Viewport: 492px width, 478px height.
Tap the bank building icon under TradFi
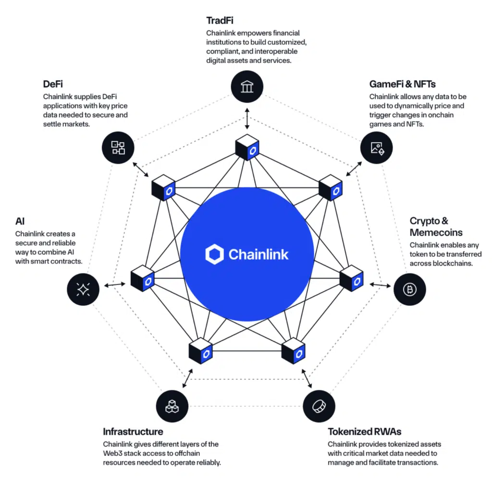tap(247, 86)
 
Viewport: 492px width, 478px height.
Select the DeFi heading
tap(54, 84)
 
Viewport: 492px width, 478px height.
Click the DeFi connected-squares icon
tap(118, 147)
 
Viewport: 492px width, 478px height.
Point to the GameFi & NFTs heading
tap(402, 84)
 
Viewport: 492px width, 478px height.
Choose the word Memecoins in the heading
tap(436, 233)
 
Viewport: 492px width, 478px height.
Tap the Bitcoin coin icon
tap(410, 289)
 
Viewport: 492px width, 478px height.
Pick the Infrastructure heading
tap(133, 431)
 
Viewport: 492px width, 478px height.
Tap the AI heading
tap(20, 221)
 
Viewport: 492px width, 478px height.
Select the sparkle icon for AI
tap(84, 289)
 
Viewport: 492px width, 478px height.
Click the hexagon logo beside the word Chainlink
tap(214, 254)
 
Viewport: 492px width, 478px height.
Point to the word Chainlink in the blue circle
tap(258, 254)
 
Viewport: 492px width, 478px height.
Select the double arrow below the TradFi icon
tap(247, 117)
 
